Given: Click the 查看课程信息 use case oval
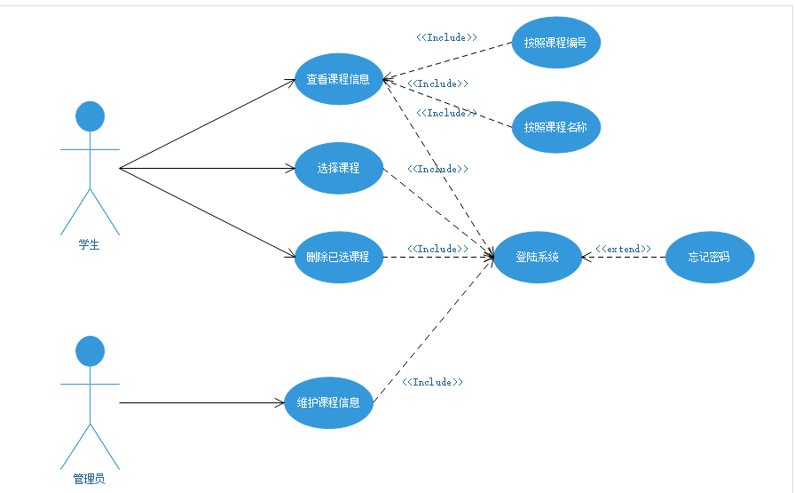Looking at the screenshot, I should [338, 79].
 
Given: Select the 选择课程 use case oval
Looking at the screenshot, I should [338, 168].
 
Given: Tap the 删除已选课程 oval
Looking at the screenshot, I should [338, 257].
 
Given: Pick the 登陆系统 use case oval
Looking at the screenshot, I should [538, 258].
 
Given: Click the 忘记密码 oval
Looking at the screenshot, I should [709, 258].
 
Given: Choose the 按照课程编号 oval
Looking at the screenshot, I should [556, 43].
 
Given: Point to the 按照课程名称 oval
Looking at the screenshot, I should [556, 127].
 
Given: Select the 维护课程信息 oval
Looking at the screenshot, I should [328, 402].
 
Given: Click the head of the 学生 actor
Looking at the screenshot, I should [90, 116].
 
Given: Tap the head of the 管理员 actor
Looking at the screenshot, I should [90, 351].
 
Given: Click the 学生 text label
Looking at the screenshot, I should [89, 245].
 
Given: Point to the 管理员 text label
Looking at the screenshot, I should [89, 480].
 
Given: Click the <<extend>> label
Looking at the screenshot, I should [623, 249].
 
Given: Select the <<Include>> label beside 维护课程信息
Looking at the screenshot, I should [432, 382].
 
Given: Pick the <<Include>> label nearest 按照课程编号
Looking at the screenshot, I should [446, 37].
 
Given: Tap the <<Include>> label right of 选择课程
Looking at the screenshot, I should [437, 169].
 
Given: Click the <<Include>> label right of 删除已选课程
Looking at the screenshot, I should [437, 249].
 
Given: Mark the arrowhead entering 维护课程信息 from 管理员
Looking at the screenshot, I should [279, 402].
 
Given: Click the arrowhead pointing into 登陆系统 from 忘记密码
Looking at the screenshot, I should [587, 258].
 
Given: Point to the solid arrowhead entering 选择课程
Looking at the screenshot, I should [288, 168].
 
